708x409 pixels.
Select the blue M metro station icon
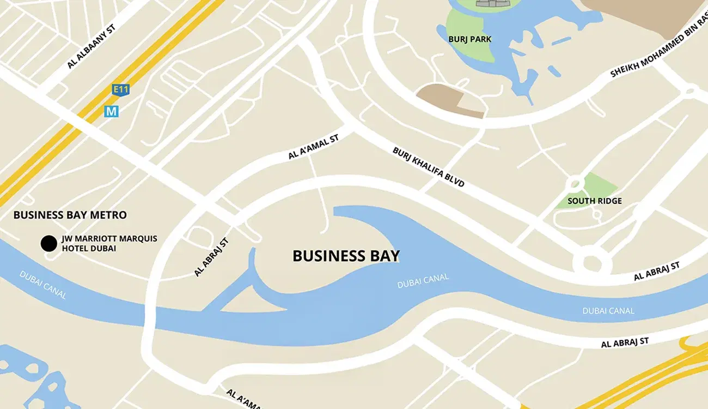point(112,111)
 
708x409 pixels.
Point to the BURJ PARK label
point(469,39)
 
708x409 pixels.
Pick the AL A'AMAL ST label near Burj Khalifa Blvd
point(313,147)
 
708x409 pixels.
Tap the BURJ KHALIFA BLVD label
point(429,167)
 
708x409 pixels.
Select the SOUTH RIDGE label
point(594,201)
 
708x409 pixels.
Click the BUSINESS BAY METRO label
point(70,215)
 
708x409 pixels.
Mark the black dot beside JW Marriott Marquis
point(49,243)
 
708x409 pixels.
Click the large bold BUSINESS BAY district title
point(346,256)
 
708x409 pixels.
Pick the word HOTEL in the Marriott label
point(74,249)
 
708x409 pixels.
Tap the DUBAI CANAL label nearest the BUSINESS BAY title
point(423,281)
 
